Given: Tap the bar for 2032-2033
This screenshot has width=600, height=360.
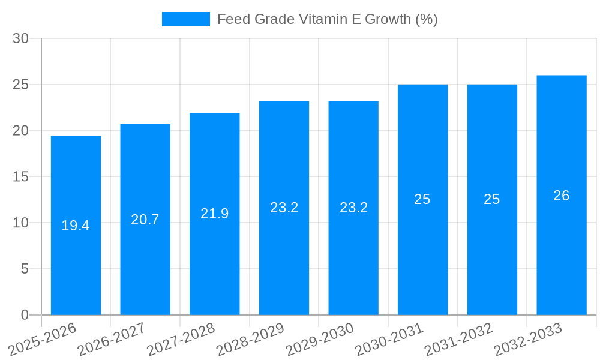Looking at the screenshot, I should pos(562,252).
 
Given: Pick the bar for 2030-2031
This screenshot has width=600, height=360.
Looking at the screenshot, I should pos(423,252).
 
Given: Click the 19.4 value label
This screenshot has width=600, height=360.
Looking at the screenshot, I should pos(76,226).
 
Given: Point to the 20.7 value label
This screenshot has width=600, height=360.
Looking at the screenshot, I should pos(145,220).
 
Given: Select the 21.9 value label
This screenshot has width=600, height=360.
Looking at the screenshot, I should pos(215,214).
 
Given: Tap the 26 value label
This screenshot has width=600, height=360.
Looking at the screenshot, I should pos(562,196).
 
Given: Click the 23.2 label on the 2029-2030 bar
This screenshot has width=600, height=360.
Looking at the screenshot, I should pos(353,208).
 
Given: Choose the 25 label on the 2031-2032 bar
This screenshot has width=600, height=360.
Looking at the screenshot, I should pos(492,199).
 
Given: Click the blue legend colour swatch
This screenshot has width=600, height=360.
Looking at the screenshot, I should pos(186,19).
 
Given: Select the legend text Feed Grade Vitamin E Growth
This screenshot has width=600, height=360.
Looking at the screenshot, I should pos(327,19).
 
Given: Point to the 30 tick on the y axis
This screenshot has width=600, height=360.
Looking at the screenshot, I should pos(21,38).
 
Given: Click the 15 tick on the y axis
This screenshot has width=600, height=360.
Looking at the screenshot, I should pos(21,177).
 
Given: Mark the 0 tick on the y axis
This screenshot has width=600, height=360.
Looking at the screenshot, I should pos(25,315).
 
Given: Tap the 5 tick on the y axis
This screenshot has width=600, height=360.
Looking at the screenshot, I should pos(25,269).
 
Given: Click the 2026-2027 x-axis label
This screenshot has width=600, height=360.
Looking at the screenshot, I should pos(111,340).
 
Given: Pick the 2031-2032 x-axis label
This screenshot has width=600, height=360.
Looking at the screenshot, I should pos(458,340).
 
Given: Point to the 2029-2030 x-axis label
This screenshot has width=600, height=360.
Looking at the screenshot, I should pos(319,340).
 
